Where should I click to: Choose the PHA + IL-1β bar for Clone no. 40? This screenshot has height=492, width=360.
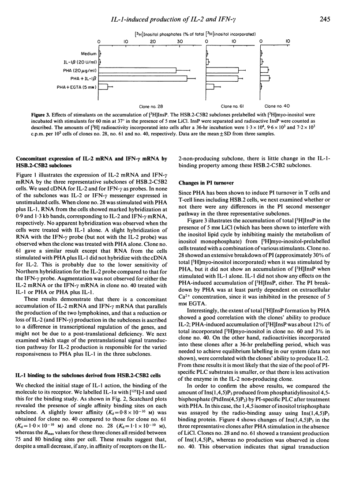265,79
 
